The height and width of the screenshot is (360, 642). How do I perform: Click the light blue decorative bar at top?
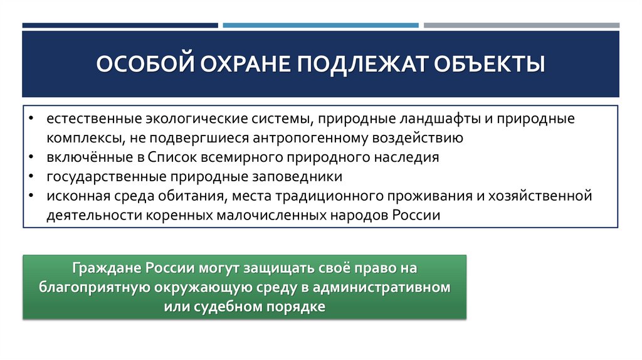coord(320,26)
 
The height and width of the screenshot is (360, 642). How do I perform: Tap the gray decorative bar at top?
coord(521,26)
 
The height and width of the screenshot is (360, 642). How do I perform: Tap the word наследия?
coord(409,157)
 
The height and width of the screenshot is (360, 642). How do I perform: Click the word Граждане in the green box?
coord(107,268)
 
